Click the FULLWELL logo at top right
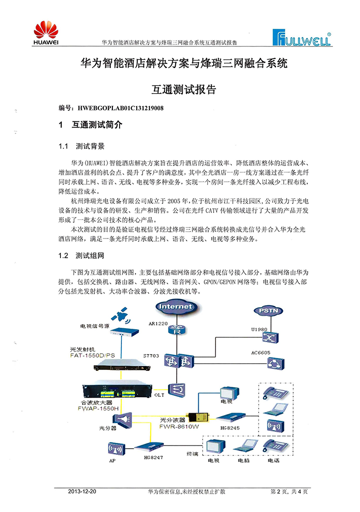point(301,37)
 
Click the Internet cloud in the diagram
point(175,306)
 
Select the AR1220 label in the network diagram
point(158,323)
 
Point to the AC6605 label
point(262,352)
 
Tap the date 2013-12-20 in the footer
point(82,492)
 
